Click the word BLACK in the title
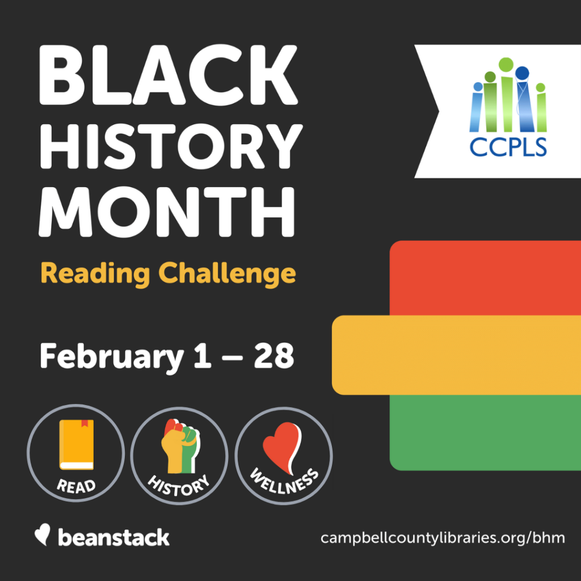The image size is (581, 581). click(169, 75)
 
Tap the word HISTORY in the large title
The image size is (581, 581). click(171, 147)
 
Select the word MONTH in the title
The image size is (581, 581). click(167, 212)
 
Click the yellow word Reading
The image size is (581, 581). click(95, 274)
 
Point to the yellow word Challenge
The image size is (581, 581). click(227, 274)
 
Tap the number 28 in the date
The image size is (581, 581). click(274, 356)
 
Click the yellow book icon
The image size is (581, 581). click(77, 444)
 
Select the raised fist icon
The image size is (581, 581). click(180, 446)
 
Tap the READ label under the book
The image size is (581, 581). click(76, 486)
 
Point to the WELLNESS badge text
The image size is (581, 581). click(284, 482)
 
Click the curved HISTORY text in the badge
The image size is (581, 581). click(179, 486)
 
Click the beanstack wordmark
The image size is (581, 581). click(113, 537)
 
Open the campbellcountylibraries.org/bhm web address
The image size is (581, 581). click(443, 538)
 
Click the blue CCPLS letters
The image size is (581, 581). click(508, 147)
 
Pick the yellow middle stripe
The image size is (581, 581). click(457, 355)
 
